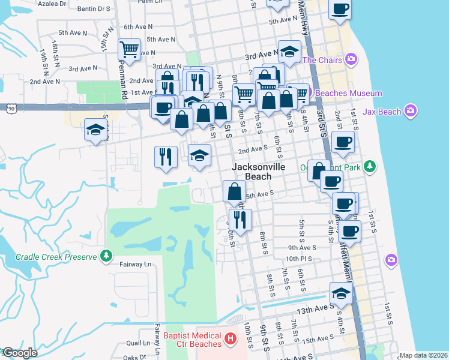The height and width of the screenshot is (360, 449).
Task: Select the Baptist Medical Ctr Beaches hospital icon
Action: (x=229, y=340)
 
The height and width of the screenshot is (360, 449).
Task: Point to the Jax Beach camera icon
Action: (x=411, y=110)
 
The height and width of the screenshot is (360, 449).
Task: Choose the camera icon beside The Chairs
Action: (x=351, y=59)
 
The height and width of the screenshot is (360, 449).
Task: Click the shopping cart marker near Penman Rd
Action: (x=129, y=49)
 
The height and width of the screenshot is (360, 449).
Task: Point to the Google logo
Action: (x=20, y=353)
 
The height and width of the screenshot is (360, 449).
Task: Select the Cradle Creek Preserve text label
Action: (x=56, y=257)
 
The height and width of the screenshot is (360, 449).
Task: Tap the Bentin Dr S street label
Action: (x=94, y=9)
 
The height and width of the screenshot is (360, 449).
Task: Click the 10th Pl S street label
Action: (x=300, y=259)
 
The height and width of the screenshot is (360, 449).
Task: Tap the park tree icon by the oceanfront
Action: (x=371, y=166)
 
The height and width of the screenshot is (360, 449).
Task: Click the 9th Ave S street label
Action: (x=302, y=247)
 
